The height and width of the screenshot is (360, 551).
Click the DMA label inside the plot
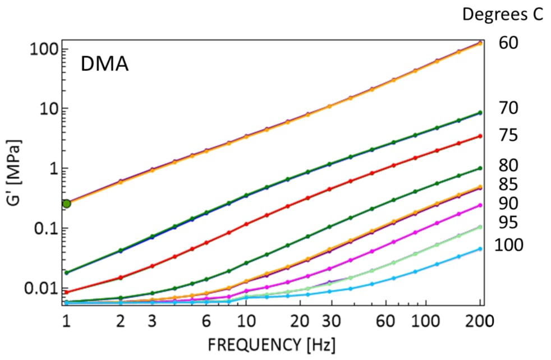click(105, 64)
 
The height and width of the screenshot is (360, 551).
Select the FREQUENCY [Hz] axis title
click(272, 343)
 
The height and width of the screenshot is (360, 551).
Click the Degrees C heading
click(502, 15)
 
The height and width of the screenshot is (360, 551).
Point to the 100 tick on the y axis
click(41, 49)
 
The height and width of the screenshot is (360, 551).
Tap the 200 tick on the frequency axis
click(480, 321)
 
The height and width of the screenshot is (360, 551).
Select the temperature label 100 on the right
click(508, 245)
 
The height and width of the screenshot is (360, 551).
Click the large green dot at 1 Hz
click(66, 204)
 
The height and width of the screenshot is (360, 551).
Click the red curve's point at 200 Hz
click(480, 136)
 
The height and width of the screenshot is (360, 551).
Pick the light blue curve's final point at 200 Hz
click(480, 249)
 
